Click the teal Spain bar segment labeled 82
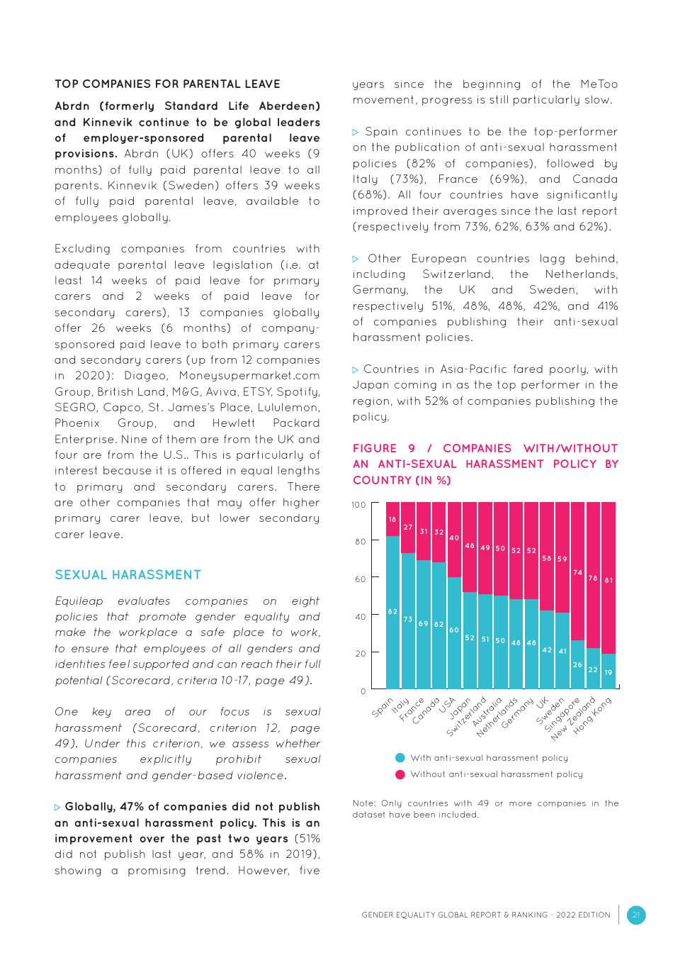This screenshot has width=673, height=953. [x=392, y=612]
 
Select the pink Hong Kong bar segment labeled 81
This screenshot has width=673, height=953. [x=609, y=578]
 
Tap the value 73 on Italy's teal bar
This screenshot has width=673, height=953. [x=408, y=620]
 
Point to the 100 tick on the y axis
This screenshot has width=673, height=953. [x=358, y=506]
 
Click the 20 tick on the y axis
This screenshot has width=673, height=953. [x=361, y=654]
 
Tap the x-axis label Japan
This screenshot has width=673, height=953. [x=460, y=708]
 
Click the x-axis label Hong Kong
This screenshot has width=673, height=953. [x=592, y=715]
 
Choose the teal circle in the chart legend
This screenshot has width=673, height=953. [x=400, y=758]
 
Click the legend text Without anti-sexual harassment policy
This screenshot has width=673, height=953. [x=497, y=774]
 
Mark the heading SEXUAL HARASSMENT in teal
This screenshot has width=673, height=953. [x=128, y=575]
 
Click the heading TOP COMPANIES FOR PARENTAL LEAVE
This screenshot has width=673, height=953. [x=167, y=84]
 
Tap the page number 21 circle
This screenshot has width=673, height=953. [x=636, y=915]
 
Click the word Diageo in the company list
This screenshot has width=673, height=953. [x=146, y=376]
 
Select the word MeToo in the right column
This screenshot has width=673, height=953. [x=599, y=84]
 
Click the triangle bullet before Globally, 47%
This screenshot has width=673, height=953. [x=58, y=808]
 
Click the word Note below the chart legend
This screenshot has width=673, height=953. [x=364, y=803]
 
